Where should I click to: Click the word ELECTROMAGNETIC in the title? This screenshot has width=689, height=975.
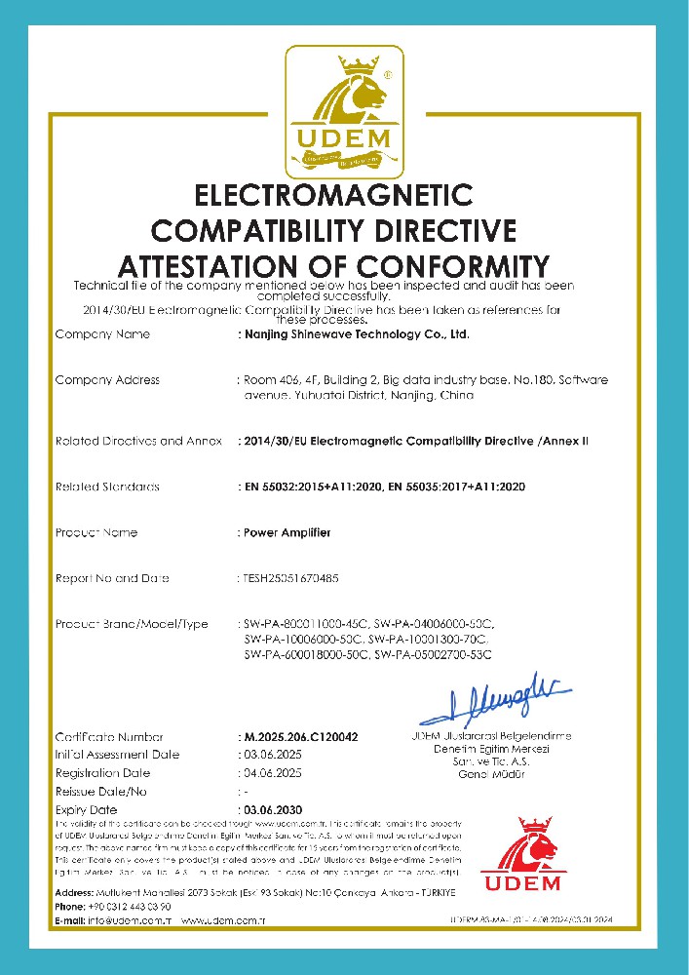pyautogui.click(x=334, y=196)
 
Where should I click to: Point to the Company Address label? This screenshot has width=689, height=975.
pyautogui.click(x=107, y=379)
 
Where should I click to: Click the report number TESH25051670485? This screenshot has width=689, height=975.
pyautogui.click(x=290, y=578)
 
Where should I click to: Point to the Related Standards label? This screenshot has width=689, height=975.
pyautogui.click(x=107, y=486)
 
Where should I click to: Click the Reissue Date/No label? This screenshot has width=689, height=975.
pyautogui.click(x=101, y=791)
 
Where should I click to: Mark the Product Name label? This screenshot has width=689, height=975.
pyautogui.click(x=96, y=532)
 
